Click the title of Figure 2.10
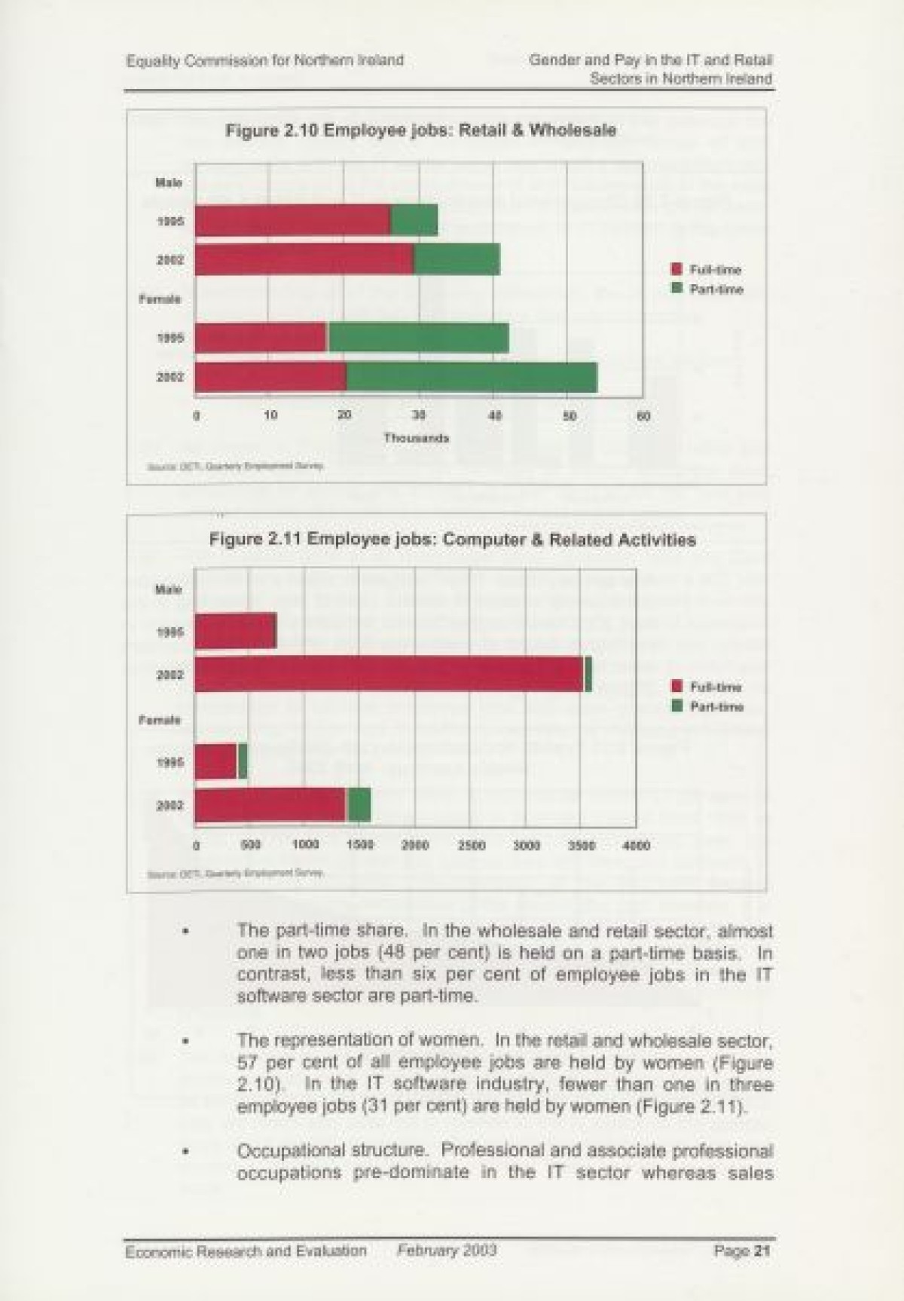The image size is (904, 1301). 420,130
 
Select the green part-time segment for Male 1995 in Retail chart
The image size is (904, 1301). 414,220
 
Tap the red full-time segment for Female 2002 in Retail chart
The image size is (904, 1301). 270,377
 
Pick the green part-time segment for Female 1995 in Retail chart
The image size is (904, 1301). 418,338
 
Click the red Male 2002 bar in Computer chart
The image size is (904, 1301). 389,674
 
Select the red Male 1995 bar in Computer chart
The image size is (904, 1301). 235,631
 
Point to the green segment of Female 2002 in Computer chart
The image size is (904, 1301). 359,805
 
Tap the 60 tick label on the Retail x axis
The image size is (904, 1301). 643,416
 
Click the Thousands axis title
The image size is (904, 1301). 417,438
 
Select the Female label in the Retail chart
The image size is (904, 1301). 160,299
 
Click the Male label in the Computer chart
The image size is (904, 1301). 169,589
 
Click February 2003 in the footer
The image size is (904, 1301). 447,1250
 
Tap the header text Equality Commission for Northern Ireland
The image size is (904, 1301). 265,60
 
